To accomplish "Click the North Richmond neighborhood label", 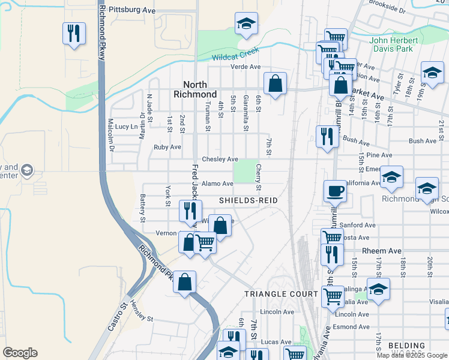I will coord(195,89).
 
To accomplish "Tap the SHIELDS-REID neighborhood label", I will coord(248,200).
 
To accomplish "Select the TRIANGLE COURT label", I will coord(281,293).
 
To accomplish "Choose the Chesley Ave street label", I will coord(220,159).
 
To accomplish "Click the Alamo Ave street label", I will coord(217,184).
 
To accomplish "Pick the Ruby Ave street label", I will coord(167,147).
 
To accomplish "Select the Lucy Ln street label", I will coord(127,127).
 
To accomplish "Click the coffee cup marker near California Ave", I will coord(335,192).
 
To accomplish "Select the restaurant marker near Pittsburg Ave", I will coord(74,33).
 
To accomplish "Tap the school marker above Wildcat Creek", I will coord(246,23).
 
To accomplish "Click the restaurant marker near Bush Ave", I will coord(327,136).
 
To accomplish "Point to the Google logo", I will coord(20,353).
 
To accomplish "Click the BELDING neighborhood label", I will coord(406,346).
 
